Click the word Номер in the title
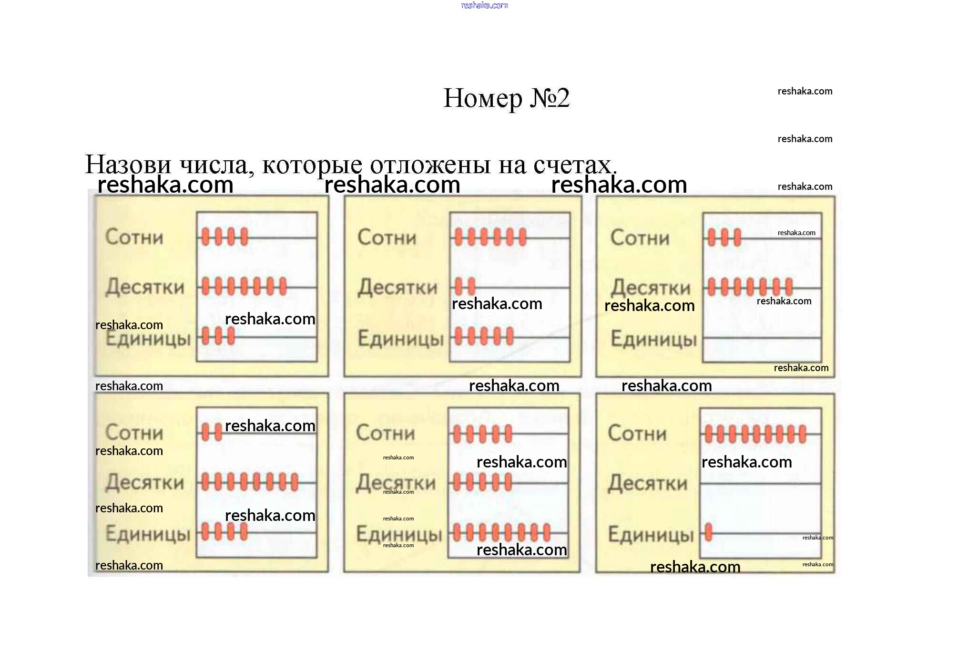click(x=483, y=99)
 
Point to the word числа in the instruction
click(x=214, y=165)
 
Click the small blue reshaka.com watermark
click(x=484, y=5)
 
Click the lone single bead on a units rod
click(x=709, y=532)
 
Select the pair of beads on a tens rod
click(x=465, y=287)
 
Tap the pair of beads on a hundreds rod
click(x=212, y=432)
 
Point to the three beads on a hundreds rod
click(x=724, y=237)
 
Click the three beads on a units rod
click(x=218, y=336)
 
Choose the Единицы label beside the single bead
click(x=650, y=535)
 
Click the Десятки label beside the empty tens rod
click(x=647, y=483)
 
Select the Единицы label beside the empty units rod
click(x=653, y=339)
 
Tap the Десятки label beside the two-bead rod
click(x=397, y=287)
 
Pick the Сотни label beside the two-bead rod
click(x=134, y=432)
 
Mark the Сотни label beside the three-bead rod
click(x=640, y=238)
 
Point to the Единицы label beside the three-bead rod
click(x=148, y=339)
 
